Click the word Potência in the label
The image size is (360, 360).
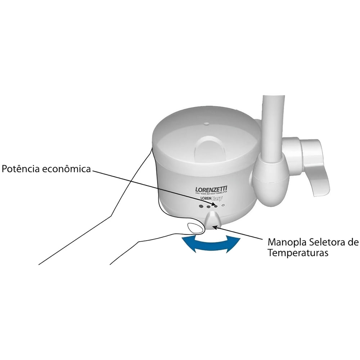[x=20, y=169]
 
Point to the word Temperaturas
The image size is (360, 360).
[x=298, y=253]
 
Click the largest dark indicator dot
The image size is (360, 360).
[x=201, y=206]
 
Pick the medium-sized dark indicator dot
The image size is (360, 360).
[x=208, y=207]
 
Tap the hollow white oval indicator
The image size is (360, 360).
[x=224, y=206]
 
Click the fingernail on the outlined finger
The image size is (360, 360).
[x=194, y=228]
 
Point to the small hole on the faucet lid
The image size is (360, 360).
[x=206, y=124]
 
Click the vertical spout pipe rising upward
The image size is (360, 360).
[x=273, y=126]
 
